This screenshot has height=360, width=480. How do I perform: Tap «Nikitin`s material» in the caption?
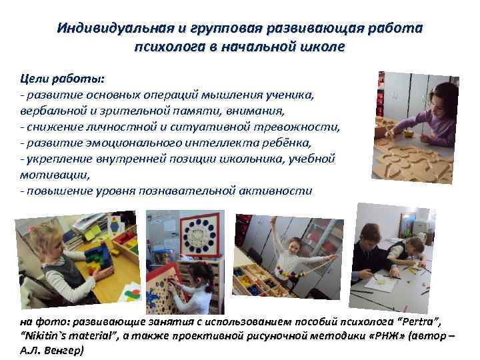point(65,337)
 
